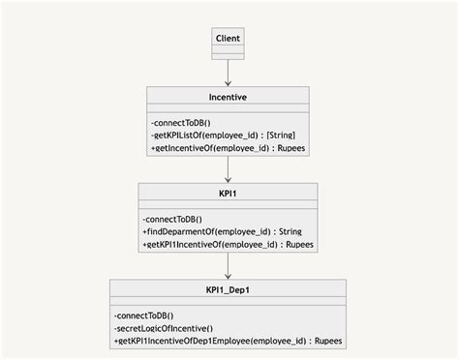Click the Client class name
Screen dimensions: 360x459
pos(228,38)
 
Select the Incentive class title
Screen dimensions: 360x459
pos(228,97)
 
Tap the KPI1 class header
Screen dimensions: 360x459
pos(228,193)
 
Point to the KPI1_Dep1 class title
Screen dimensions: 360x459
pos(228,289)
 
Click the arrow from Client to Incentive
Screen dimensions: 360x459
pos(228,73)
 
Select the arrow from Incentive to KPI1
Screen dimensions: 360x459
pos(228,169)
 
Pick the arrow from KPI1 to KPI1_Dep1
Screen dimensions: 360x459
pos(228,266)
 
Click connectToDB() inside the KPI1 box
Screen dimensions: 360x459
pos(172,220)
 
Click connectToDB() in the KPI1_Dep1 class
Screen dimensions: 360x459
pos(143,316)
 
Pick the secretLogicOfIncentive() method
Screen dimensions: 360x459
pos(163,329)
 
